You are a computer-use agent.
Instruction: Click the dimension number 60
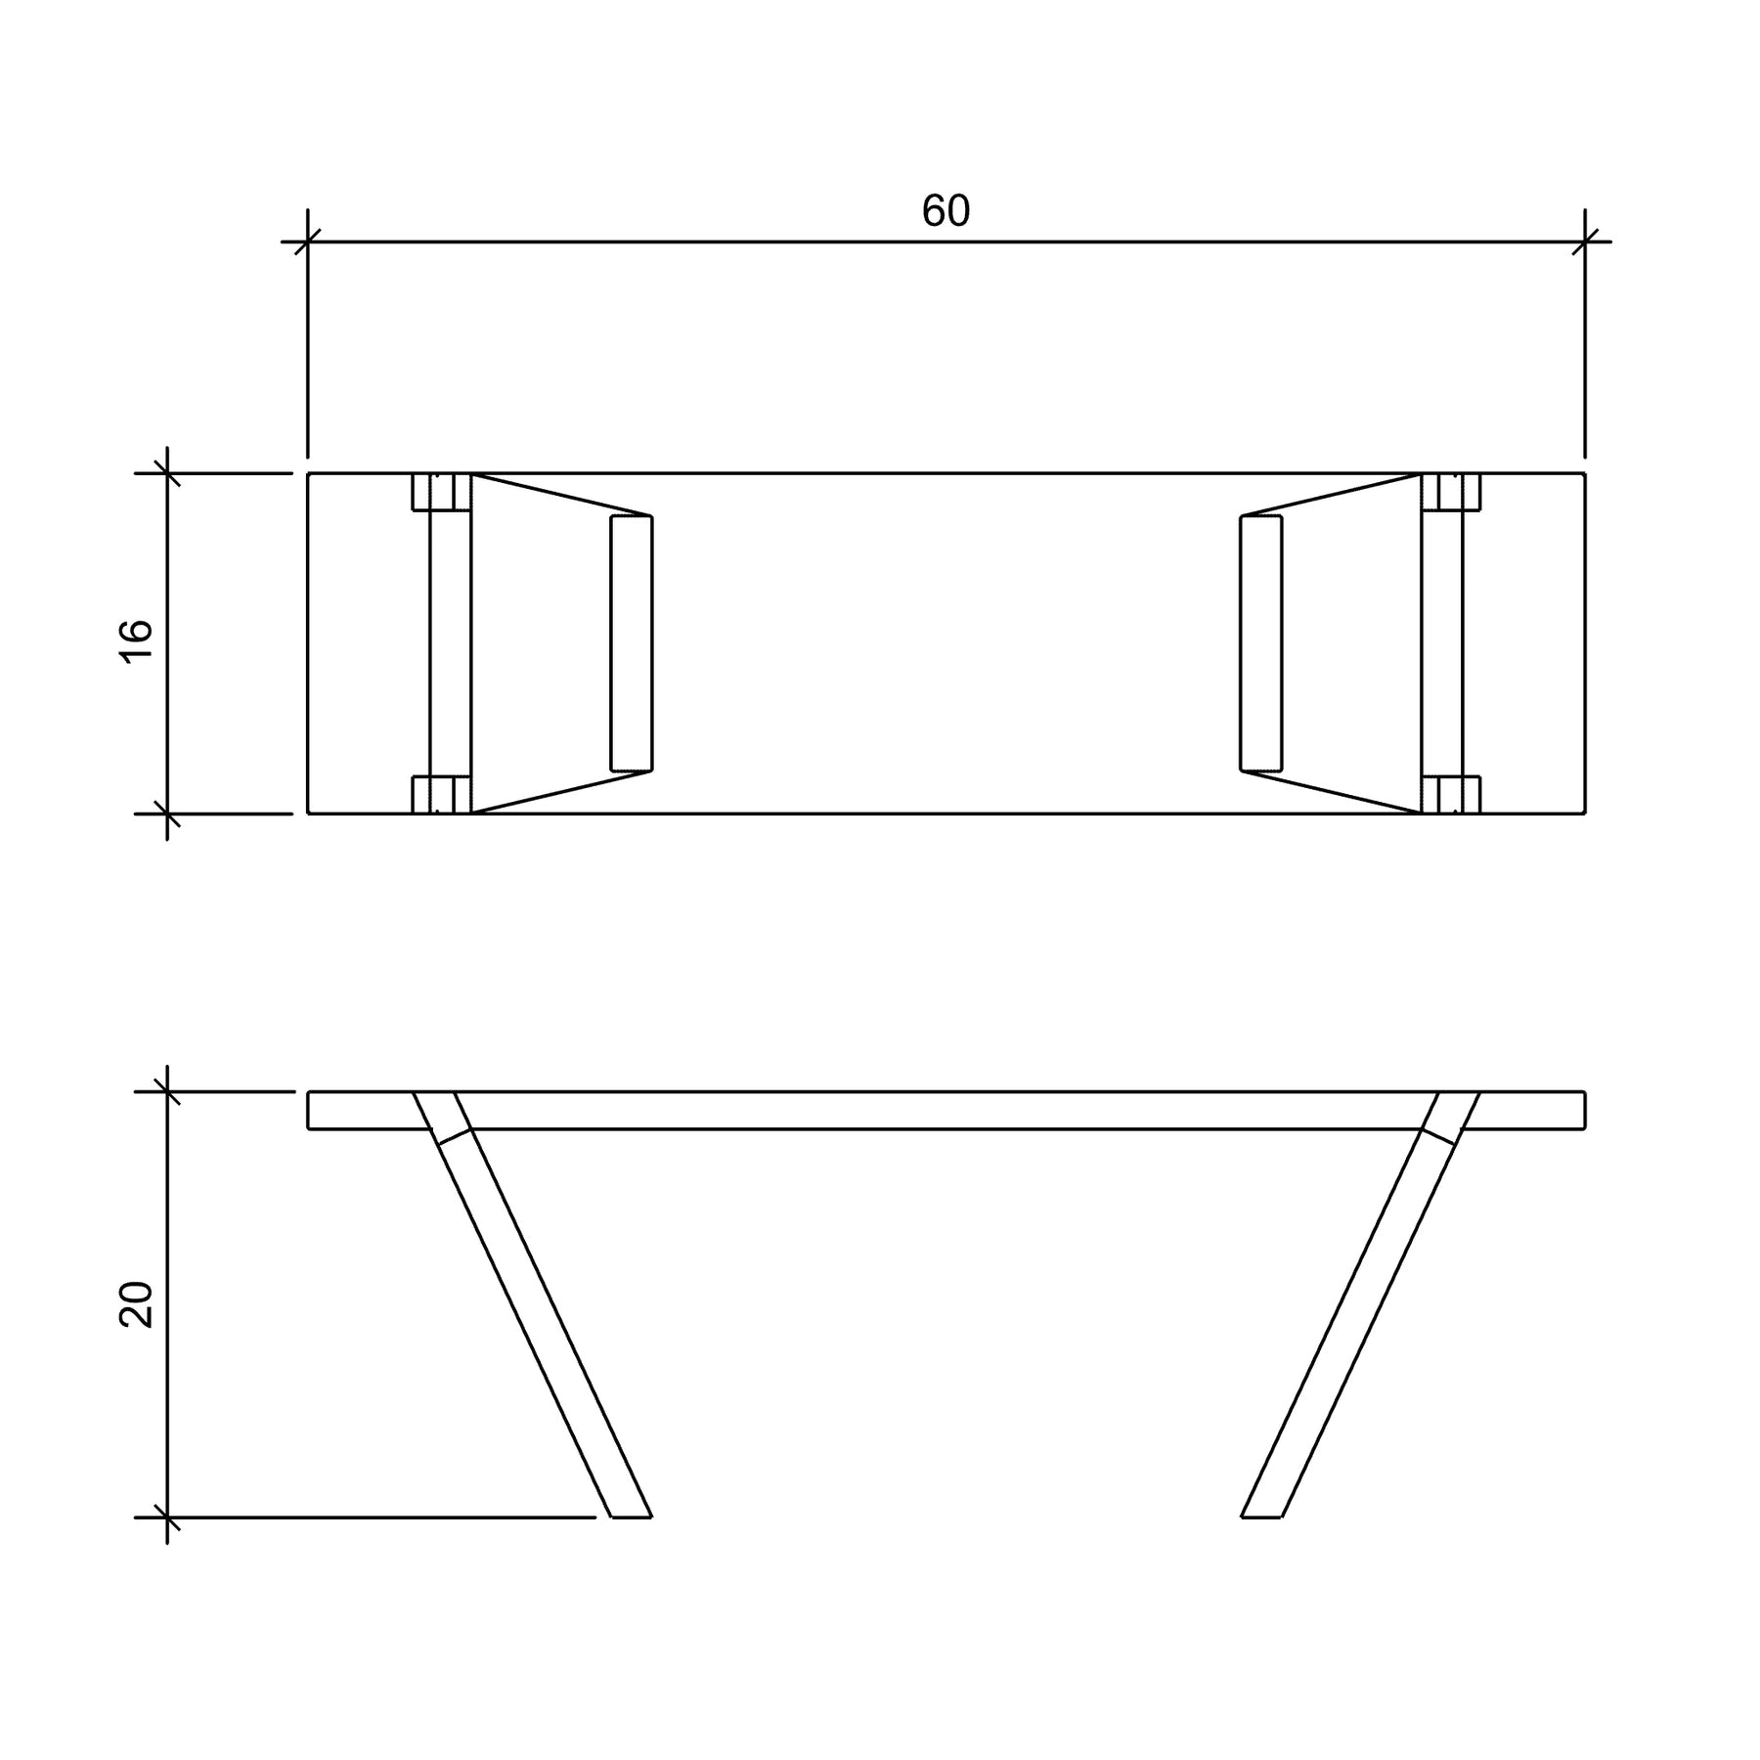(946, 212)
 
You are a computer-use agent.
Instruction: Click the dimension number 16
(138, 641)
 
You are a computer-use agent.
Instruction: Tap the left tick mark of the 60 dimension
(308, 241)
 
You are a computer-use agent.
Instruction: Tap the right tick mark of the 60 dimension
(1585, 241)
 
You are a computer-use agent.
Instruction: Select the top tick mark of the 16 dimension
(168, 473)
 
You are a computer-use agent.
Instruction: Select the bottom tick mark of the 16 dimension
(168, 813)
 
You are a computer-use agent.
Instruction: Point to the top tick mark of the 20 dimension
(168, 1091)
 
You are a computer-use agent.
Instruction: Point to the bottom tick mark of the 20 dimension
(168, 1518)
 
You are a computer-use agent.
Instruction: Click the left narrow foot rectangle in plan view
(632, 642)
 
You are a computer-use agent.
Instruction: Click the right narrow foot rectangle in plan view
(1261, 642)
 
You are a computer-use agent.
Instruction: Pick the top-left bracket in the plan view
(441, 492)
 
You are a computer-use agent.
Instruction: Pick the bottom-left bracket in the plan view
(441, 795)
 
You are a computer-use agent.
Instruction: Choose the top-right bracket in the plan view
(1451, 492)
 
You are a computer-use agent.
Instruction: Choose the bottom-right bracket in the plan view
(1451, 795)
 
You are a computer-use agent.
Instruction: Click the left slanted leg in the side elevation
(543, 1320)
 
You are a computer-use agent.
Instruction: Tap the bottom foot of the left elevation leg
(632, 1515)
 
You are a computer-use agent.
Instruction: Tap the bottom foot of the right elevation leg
(1261, 1515)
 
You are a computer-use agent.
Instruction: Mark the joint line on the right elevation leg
(1440, 1136)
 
